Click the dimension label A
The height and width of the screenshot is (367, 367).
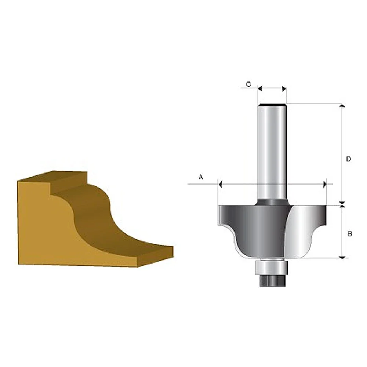tap(201, 177)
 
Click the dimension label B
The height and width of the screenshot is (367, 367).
tap(350, 234)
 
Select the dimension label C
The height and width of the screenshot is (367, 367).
tap(248, 84)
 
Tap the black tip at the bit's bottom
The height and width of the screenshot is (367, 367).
tap(272, 281)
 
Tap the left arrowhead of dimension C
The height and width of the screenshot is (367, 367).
tap(259, 88)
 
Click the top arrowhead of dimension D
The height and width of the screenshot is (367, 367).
tap(342, 106)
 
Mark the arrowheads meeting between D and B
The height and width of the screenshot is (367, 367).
tap(342, 204)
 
